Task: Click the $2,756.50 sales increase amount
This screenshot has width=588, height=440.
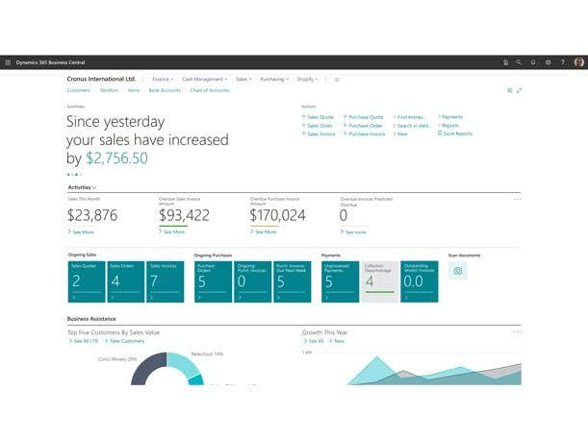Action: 116,159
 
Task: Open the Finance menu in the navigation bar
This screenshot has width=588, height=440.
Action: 162,79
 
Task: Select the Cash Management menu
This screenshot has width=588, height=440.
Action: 203,79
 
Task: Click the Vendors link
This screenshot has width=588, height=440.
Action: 109,90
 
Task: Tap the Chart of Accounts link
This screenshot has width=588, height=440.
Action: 209,90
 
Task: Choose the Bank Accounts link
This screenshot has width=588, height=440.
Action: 165,90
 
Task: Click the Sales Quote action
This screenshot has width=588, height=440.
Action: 320,117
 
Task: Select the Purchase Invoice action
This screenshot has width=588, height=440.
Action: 366,134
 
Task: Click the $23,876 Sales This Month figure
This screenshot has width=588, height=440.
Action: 92,215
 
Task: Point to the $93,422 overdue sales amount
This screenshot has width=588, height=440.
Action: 184,215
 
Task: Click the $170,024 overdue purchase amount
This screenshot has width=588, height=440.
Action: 277,215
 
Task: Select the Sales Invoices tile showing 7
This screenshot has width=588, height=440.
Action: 165,281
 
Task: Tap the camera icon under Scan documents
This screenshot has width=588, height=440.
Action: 458,271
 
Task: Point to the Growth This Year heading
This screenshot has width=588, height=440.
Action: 325,332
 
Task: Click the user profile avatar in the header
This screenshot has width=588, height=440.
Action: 579,62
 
